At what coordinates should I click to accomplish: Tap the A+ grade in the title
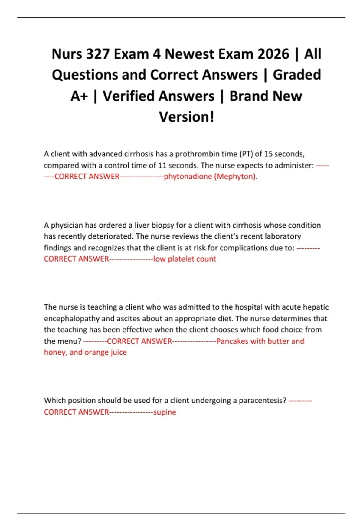(x=79, y=96)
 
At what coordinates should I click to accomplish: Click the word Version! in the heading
(x=186, y=117)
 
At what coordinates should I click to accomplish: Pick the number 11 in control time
(x=162, y=165)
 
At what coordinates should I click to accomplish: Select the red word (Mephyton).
(x=236, y=177)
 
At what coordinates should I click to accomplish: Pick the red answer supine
(x=165, y=412)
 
